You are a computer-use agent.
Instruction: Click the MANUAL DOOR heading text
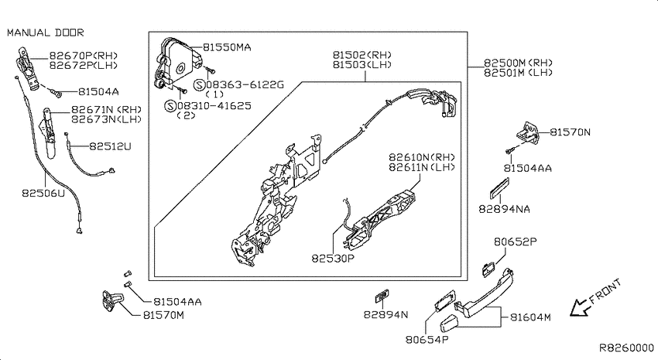click(x=46, y=33)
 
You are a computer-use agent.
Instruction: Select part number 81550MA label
click(x=227, y=47)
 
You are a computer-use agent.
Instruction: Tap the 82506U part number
click(x=43, y=194)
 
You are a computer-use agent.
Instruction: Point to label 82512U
click(x=110, y=146)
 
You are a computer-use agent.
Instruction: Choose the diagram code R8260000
click(x=626, y=348)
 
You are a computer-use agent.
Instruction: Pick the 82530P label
click(x=333, y=259)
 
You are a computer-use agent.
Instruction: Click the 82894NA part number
click(x=505, y=209)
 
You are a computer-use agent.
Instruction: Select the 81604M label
click(x=530, y=317)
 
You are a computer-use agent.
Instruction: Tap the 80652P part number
click(x=516, y=242)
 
